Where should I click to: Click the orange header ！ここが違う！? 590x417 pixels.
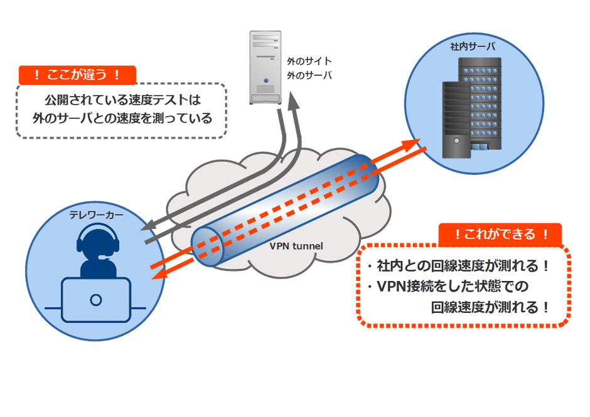77,75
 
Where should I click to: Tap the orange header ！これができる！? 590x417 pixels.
500,235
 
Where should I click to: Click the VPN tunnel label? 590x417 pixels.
296,246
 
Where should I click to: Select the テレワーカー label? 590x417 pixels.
96,215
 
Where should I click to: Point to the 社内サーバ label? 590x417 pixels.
473,47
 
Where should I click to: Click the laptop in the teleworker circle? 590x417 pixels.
96,299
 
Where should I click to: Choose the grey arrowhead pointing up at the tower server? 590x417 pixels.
292,100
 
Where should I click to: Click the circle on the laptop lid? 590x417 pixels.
96,299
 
